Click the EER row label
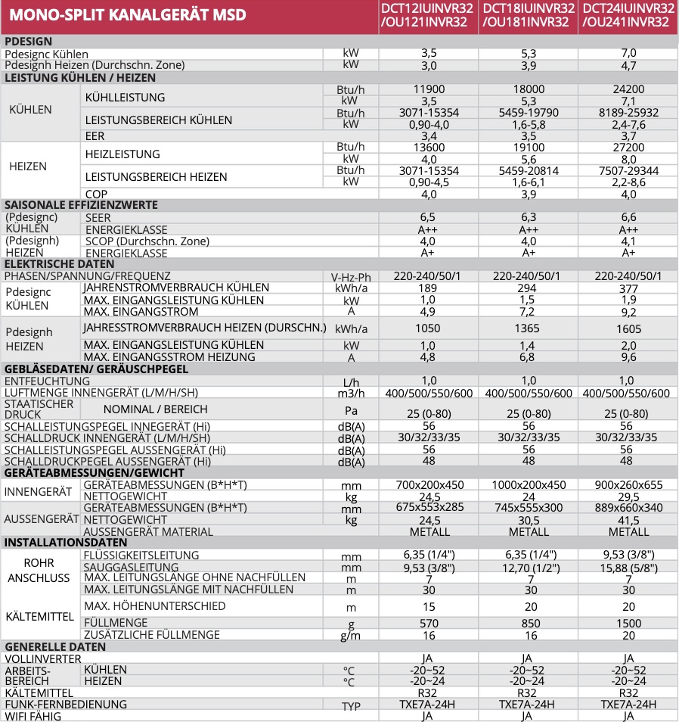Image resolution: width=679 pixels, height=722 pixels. [95, 136]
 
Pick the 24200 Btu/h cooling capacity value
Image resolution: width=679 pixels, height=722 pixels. [629, 89]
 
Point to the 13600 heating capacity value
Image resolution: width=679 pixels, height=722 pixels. [429, 148]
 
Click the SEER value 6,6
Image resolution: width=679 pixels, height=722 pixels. [629, 217]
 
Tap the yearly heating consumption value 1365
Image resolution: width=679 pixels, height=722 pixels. [529, 328]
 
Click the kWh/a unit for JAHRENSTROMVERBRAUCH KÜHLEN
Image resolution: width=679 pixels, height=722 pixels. [351, 289]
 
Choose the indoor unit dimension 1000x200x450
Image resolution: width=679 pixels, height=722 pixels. [529, 485]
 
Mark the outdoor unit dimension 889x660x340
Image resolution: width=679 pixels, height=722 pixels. [629, 509]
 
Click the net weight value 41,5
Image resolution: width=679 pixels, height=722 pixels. [629, 521]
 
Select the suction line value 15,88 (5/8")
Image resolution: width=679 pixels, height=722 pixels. [629, 567]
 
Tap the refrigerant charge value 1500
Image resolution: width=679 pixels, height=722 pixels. [629, 623]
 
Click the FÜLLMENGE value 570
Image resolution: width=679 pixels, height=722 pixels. [429, 623]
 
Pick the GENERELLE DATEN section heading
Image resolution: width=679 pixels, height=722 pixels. [55, 647]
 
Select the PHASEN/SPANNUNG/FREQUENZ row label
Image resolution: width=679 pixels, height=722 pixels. [88, 276]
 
